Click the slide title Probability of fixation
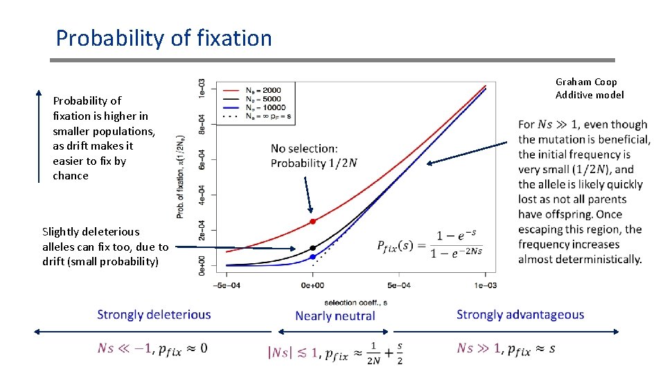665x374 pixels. [164, 38]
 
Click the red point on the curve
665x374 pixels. [312, 222]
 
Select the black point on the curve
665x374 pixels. [312, 248]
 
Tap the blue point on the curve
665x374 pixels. [312, 257]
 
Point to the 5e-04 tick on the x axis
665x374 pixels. [399, 285]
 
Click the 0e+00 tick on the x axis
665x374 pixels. [312, 285]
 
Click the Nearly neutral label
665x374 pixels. [335, 316]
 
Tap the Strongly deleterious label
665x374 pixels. [154, 314]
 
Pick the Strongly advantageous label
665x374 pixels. [520, 314]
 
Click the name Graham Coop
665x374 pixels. [586, 82]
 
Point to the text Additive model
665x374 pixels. [589, 95]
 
